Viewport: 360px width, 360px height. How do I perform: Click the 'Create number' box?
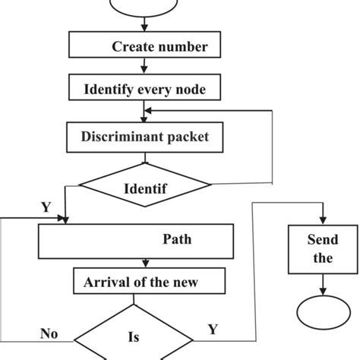click(148, 46)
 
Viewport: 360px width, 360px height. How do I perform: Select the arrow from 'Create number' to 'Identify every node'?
click(147, 66)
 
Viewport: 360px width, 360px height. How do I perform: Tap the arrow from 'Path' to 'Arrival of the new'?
click(147, 264)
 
